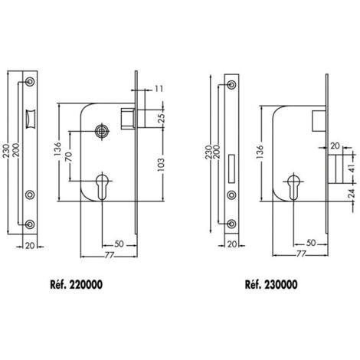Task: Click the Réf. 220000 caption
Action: [77, 284]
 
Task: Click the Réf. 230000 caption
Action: [271, 284]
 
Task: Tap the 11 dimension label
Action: [159, 89]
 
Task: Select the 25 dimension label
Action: [162, 118]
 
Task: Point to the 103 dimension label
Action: [161, 165]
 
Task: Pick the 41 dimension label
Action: [352, 169]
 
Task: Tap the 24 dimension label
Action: [352, 194]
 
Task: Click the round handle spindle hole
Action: [102, 131]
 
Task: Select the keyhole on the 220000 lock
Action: [102, 187]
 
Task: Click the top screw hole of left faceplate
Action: [30, 81]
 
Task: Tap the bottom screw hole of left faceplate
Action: [30, 224]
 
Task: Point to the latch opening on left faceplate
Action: [31, 119]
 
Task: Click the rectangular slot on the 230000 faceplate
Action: [231, 169]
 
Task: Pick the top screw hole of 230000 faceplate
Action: [231, 84]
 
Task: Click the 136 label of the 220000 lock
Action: [57, 149]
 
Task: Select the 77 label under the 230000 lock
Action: [301, 254]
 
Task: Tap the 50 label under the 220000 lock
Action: [119, 244]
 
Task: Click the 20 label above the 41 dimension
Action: [335, 146]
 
